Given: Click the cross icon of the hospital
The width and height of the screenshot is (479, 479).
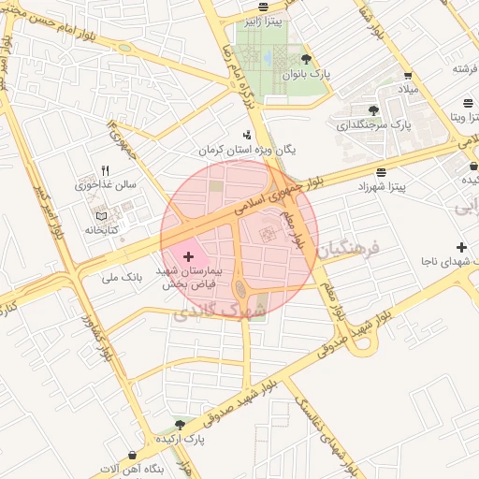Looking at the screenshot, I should pos(188,255).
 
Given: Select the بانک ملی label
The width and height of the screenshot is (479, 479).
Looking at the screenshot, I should pos(121,278).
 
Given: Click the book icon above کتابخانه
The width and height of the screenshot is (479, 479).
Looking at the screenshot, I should pos(101,216).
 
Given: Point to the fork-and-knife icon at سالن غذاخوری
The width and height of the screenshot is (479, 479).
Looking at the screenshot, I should pos(105,171).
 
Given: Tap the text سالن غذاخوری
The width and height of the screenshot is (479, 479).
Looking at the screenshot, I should pos(105,185).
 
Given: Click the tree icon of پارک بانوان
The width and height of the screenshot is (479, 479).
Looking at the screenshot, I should pos(305,58).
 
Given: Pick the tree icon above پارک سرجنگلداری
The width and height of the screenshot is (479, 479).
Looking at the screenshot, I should pos(373,110).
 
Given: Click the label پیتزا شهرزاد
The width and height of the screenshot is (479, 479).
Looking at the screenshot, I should pos(380,187).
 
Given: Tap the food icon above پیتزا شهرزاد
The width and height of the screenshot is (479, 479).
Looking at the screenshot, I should pos(380,172).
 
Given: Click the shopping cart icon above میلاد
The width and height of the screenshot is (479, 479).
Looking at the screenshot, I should pos(407,76).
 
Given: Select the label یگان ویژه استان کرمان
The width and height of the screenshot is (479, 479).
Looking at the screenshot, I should pos(246,150).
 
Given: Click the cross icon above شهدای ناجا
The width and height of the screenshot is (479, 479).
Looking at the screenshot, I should pos(460,246).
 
